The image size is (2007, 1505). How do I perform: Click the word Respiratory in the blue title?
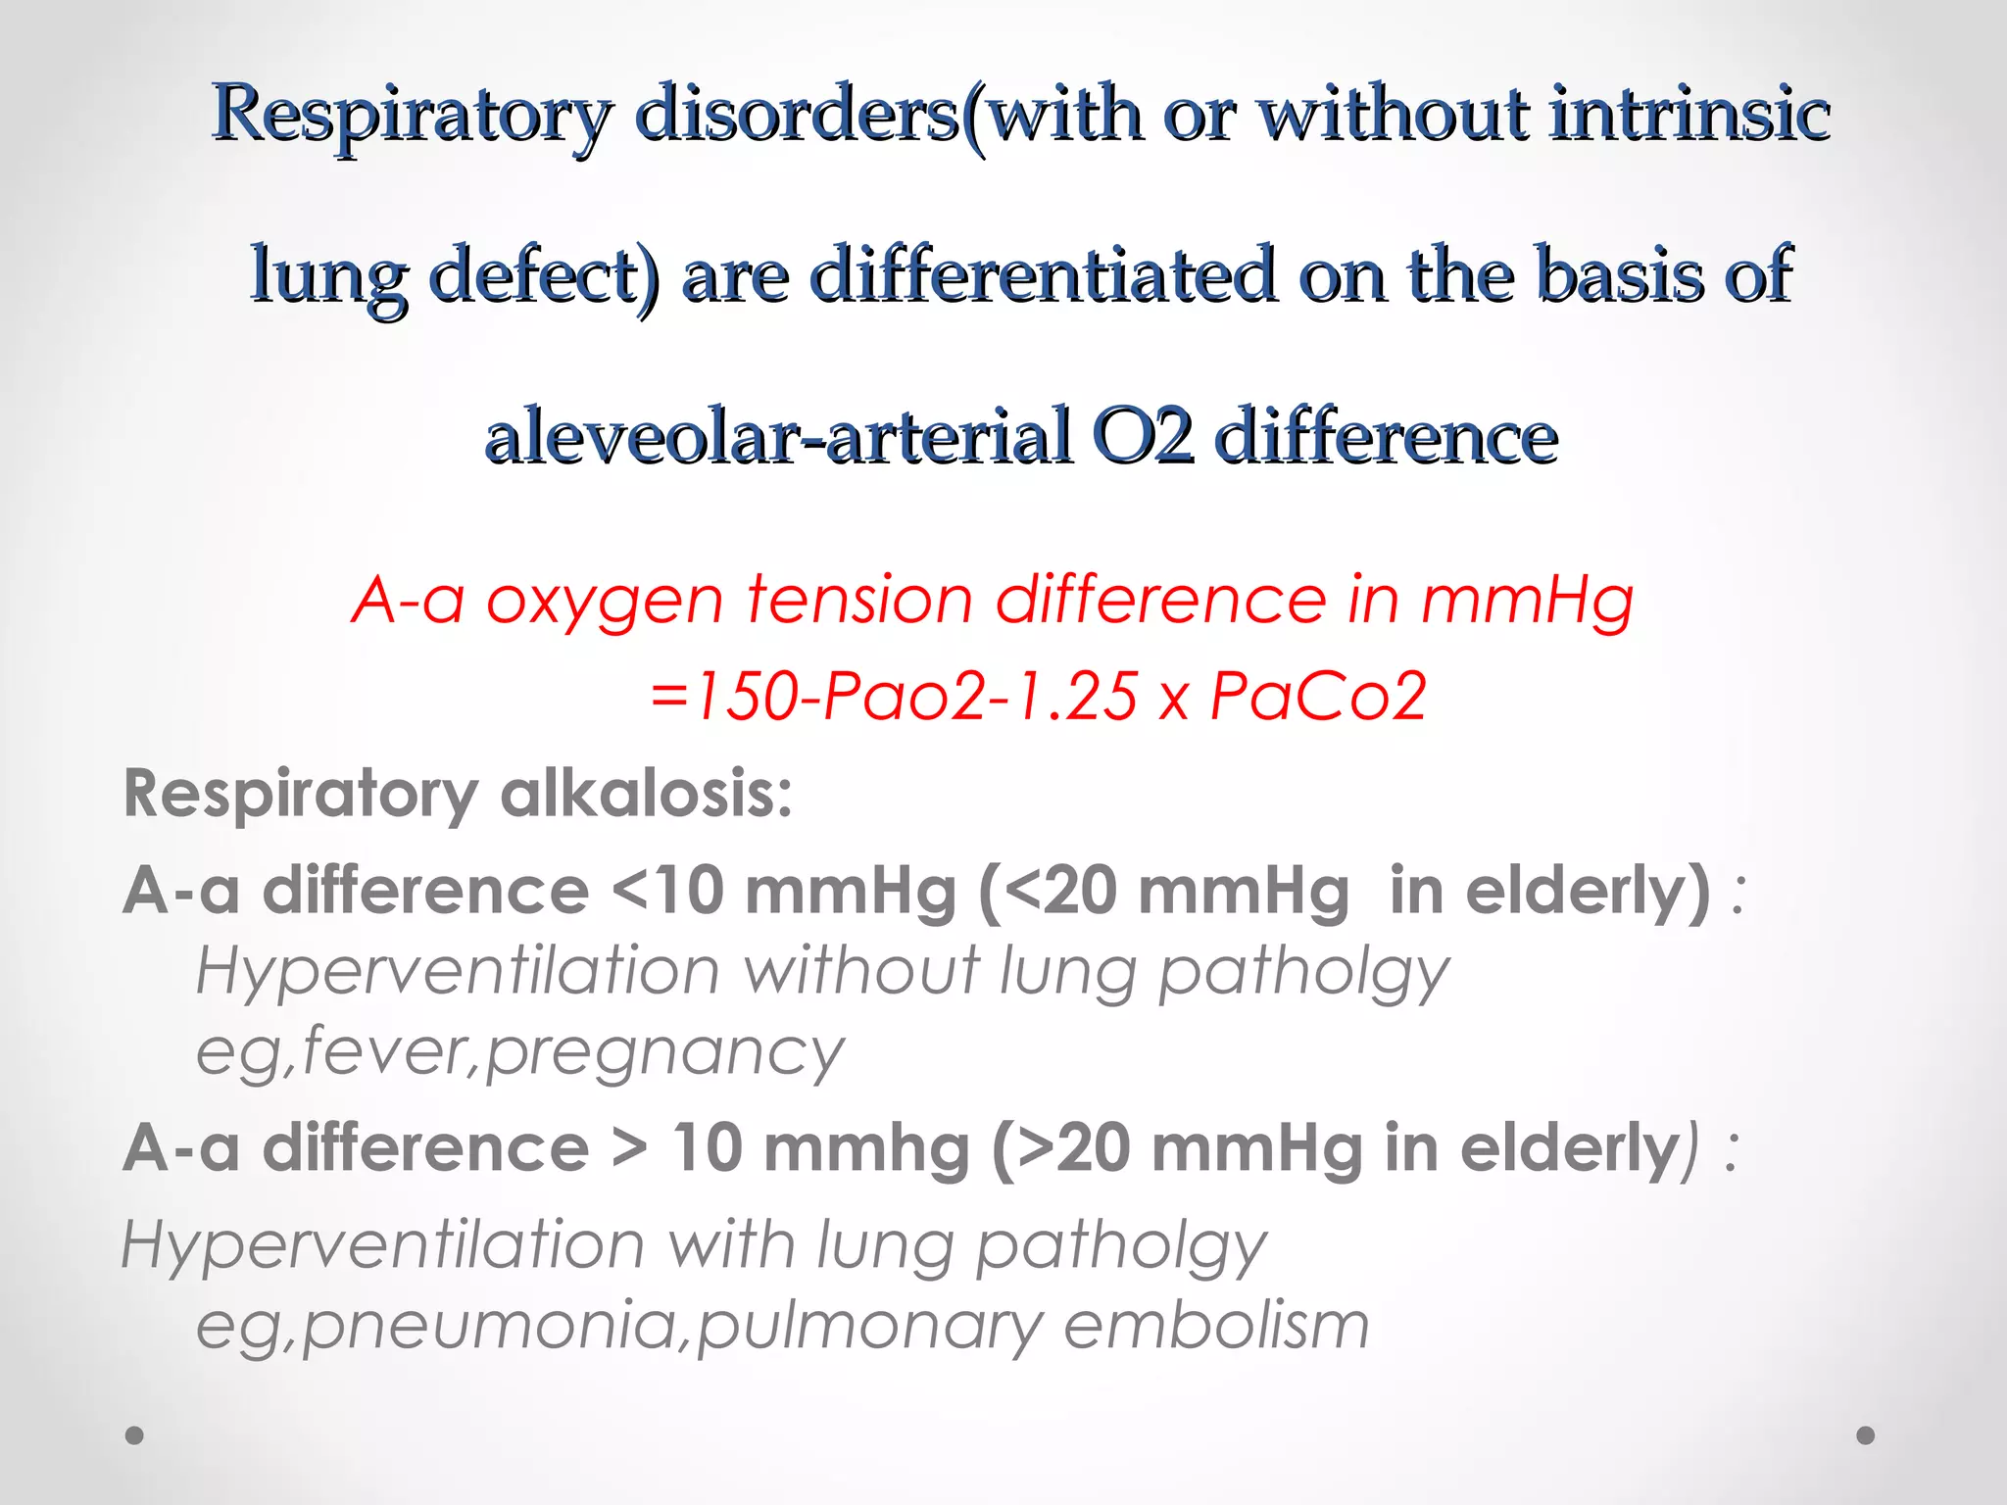[412, 116]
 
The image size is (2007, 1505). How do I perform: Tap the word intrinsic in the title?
[1689, 114]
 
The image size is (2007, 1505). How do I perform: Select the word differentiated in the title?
[1043, 275]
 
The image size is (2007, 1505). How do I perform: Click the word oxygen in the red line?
[604, 600]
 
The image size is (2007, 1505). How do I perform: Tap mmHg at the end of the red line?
[1527, 600]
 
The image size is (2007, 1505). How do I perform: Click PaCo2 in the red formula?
[1317, 697]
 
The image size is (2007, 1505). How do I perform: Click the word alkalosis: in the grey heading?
[646, 793]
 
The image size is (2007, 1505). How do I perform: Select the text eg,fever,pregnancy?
[519, 1052]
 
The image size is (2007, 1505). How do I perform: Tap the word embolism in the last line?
[1215, 1326]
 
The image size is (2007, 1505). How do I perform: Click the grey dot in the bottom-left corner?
[135, 1435]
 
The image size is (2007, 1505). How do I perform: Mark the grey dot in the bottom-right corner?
[1866, 1435]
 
